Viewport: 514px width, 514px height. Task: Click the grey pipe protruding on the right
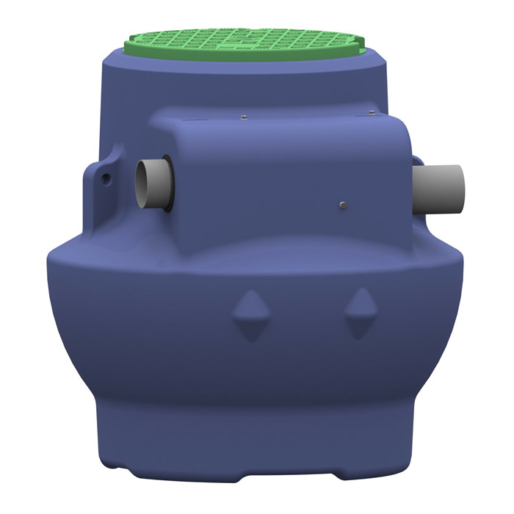point(441,188)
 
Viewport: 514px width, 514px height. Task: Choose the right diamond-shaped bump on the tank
point(359,311)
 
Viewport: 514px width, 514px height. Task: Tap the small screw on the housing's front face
point(342,204)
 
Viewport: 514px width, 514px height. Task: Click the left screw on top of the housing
point(242,116)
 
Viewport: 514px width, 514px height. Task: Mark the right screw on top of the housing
point(372,112)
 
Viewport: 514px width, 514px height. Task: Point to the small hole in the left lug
point(107,178)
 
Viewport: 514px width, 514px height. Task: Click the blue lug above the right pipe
point(416,159)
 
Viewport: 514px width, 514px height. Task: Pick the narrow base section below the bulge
point(257,441)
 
